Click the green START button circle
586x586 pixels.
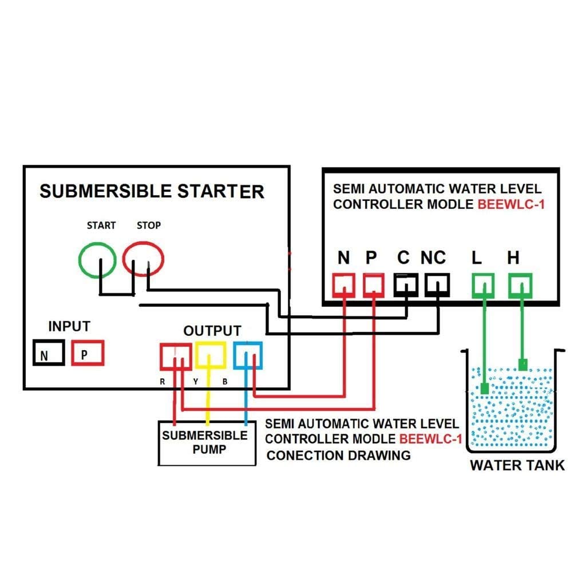pyautogui.click(x=100, y=262)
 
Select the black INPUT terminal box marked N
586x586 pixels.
pyautogui.click(x=49, y=354)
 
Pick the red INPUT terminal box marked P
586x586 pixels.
pyautogui.click(x=88, y=353)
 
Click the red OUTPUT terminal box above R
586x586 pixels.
pyautogui.click(x=175, y=355)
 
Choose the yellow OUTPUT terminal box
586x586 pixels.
pyautogui.click(x=211, y=355)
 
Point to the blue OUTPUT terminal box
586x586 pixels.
pyautogui.click(x=248, y=355)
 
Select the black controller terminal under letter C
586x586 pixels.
pyautogui.click(x=406, y=284)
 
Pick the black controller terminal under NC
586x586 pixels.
pyautogui.click(x=437, y=284)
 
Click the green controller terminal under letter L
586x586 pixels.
pyautogui.click(x=483, y=284)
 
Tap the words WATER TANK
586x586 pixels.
pyautogui.click(x=517, y=465)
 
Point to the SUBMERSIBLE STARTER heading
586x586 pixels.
pyautogui.click(x=152, y=191)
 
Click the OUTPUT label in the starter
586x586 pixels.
pyautogui.click(x=212, y=331)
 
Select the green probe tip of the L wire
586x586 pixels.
pyautogui.click(x=484, y=390)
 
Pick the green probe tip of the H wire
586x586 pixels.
pyautogui.click(x=522, y=364)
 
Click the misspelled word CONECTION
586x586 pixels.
pyautogui.click(x=304, y=456)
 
